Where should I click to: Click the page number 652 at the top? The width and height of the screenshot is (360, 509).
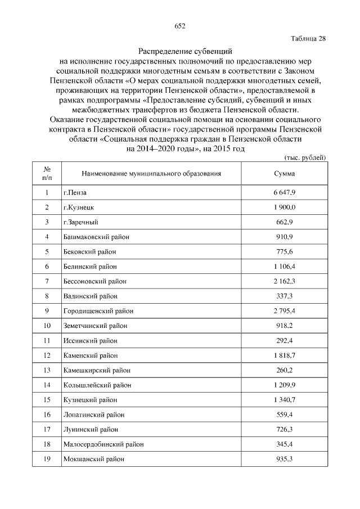[x=180, y=26]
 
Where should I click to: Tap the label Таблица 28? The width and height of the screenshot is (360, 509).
[x=308, y=39]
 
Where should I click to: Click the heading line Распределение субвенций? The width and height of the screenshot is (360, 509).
[x=179, y=51]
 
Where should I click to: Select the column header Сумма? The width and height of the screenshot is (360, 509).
[x=284, y=173]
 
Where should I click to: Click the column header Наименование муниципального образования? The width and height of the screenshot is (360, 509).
[x=151, y=173]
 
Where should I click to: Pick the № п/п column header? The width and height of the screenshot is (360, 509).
[x=47, y=173]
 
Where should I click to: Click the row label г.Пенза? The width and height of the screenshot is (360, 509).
[x=74, y=193]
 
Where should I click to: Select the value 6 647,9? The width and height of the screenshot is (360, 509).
[x=284, y=193]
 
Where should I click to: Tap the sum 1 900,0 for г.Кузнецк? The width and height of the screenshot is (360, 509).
[x=284, y=208]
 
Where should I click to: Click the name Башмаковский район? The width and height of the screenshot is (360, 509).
[x=96, y=237]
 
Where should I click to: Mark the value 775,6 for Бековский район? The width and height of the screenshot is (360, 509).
[x=284, y=251]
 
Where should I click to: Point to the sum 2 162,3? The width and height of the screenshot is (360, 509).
[x=284, y=281]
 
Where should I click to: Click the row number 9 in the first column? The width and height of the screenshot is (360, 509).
[x=47, y=310]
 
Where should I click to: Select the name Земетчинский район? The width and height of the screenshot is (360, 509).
[x=95, y=325]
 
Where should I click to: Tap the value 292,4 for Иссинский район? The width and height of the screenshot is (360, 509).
[x=284, y=340]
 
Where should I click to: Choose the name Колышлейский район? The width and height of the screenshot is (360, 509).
[x=97, y=385]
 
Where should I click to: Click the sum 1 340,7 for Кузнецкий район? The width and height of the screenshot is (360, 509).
[x=284, y=400]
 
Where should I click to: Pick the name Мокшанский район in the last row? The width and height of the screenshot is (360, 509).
[x=93, y=459]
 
